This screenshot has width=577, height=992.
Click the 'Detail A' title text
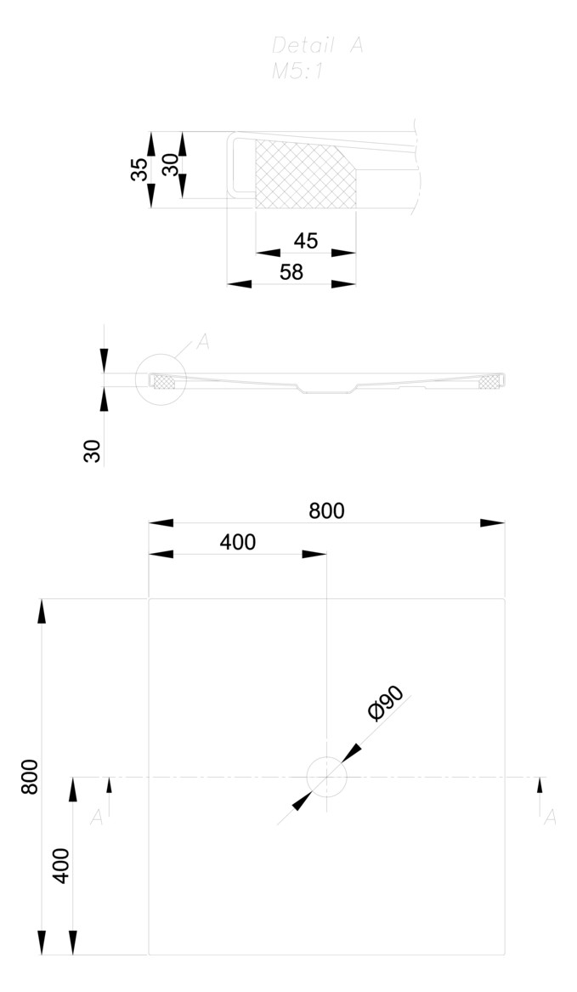coord(317,46)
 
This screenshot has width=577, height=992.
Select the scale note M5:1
coord(297,72)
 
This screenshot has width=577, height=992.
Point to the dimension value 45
coord(306,241)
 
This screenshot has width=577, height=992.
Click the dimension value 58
coord(291,272)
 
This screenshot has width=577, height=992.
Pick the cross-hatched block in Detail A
coord(302,174)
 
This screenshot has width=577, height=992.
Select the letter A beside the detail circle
coord(202,342)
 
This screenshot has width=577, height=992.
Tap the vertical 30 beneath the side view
coord(93,451)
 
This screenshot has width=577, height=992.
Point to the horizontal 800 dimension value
coord(326,510)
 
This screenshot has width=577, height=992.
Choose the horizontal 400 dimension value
coord(238,542)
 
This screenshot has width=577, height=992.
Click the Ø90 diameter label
coord(386,703)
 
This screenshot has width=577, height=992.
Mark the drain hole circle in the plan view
coord(326,777)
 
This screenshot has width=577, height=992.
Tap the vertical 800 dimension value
coord(30,776)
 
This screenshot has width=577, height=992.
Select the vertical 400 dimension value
coord(61,866)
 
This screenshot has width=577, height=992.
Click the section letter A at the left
coord(97,818)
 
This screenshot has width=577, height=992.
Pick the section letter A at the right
coord(550,818)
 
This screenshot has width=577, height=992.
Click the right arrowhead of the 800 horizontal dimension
coord(492,522)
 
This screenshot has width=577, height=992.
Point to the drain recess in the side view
coord(326,390)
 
